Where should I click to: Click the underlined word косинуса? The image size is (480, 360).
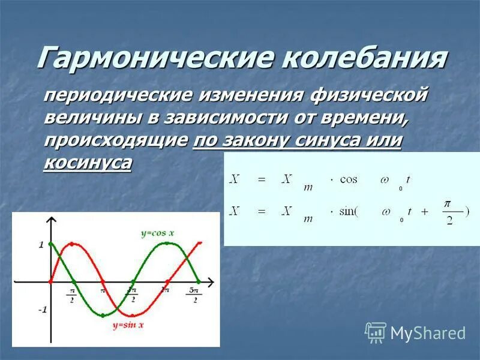point(87,163)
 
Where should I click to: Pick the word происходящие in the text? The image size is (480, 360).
point(116,140)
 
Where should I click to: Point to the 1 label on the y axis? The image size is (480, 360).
point(41,244)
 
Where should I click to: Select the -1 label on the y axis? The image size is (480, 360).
point(41,310)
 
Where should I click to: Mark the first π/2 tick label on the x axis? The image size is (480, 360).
point(71,295)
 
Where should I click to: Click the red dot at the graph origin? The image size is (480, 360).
point(50,281)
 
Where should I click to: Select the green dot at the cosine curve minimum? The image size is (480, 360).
point(103,315)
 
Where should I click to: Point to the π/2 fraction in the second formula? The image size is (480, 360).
point(447,212)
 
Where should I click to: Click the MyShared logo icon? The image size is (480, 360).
point(376,332)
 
